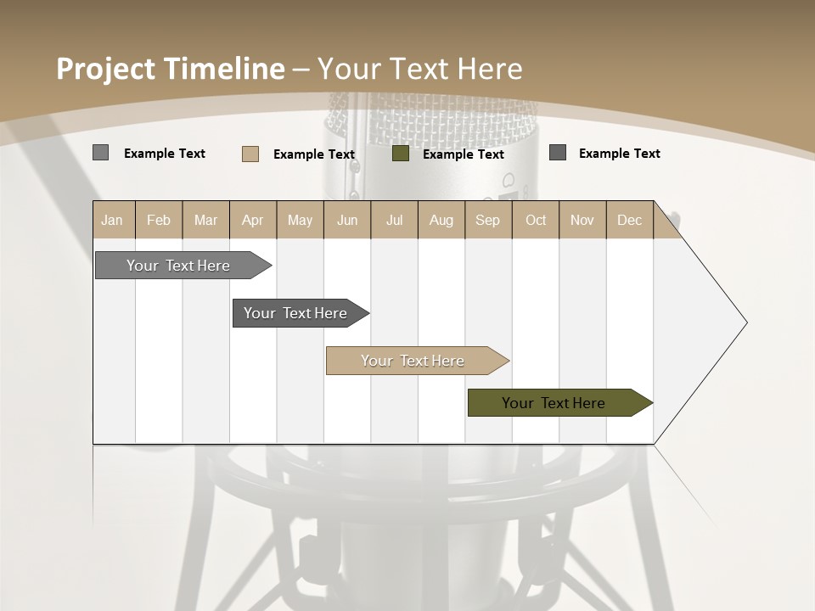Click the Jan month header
point(113,220)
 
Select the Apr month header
point(253,220)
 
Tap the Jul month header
point(394,220)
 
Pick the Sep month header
point(487,220)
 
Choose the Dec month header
point(629,220)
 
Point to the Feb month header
point(159,220)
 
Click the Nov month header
point(582,220)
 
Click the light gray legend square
point(100,153)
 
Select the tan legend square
point(250,154)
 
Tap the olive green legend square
point(401,154)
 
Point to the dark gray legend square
point(558,153)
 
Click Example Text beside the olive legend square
point(463,154)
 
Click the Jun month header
point(347,220)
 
